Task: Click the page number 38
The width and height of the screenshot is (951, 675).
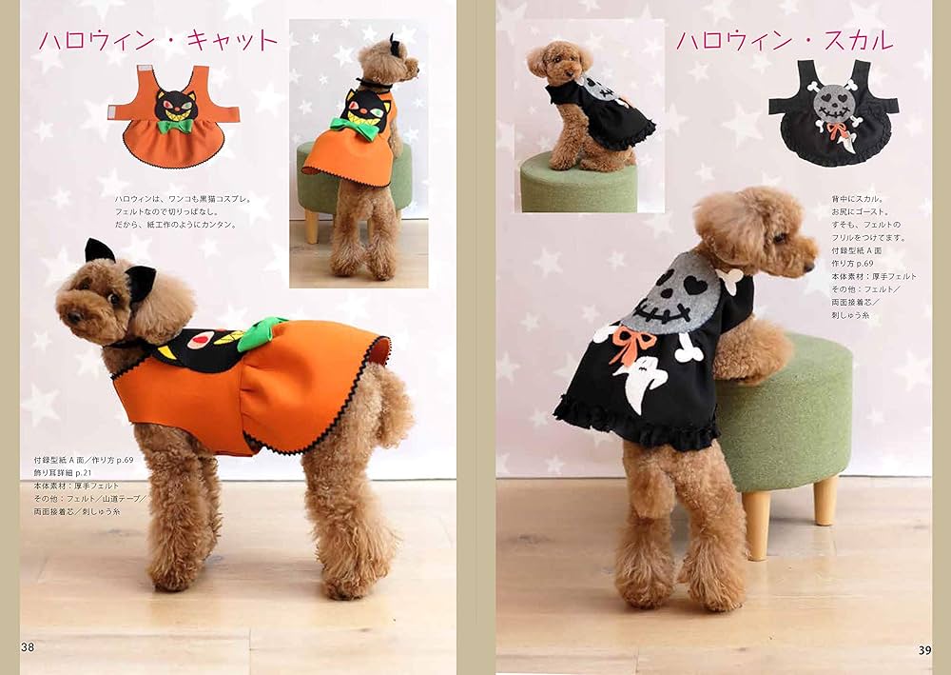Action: [28, 646]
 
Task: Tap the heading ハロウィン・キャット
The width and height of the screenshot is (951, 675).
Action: [158, 41]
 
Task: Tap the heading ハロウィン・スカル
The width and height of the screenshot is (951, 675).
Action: [784, 41]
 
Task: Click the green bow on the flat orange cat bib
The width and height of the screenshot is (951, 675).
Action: [174, 125]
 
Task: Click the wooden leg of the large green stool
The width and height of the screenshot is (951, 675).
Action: [757, 524]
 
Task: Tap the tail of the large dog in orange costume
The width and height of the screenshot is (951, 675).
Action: [391, 399]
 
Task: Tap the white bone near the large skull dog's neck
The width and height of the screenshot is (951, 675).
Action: [730, 280]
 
